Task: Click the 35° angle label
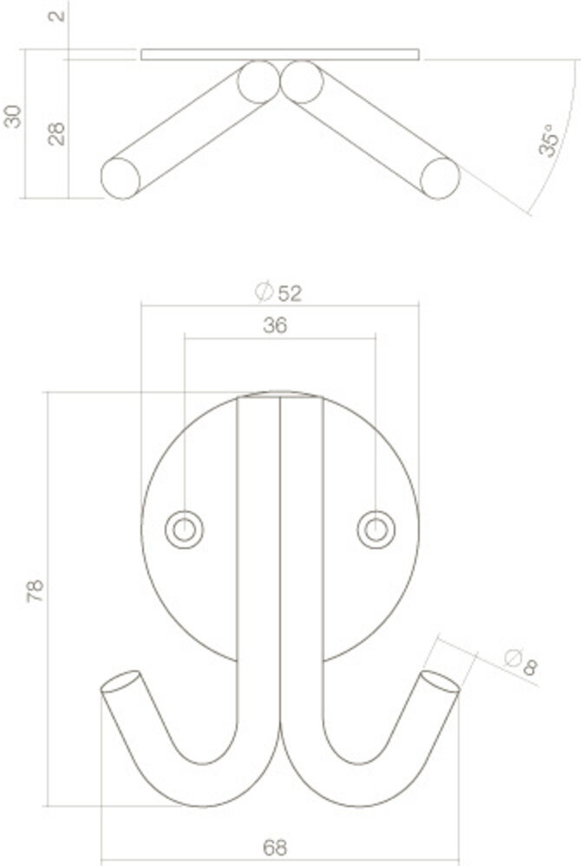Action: click(x=546, y=140)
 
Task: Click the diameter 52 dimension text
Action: click(x=289, y=293)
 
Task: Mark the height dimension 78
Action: click(x=35, y=591)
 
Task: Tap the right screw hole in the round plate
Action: click(x=375, y=527)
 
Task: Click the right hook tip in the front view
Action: click(x=440, y=682)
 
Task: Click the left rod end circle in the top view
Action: click(x=120, y=178)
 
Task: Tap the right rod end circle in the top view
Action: click(x=439, y=177)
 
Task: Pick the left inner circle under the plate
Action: click(x=257, y=81)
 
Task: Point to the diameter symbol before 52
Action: click(x=264, y=292)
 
